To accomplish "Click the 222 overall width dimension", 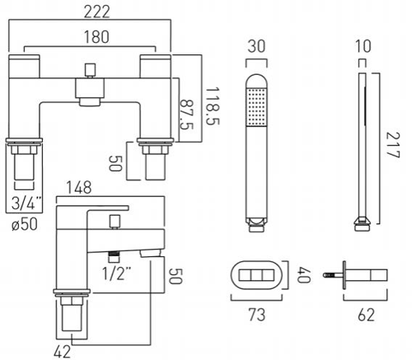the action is [96, 12].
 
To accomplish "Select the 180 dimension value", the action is [96, 37].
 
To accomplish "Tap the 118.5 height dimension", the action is [213, 106].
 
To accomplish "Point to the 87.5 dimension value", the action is [187, 115].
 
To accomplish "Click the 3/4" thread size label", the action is [26, 203].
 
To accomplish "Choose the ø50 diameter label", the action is [25, 224].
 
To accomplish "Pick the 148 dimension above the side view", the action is [79, 188].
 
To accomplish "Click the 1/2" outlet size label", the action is [116, 274].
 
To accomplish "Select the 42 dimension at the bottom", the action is [62, 352].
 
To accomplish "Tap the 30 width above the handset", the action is [256, 46].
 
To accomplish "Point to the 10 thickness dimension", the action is [363, 46].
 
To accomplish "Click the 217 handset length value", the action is [393, 145].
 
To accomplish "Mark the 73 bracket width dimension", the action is [257, 315].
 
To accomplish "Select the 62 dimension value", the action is [366, 315].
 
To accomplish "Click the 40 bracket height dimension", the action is [304, 275].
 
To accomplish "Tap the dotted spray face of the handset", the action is [256, 107].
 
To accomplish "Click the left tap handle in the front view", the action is [25, 67].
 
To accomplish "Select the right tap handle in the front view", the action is [156, 67].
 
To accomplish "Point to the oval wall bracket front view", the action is [256, 275].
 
